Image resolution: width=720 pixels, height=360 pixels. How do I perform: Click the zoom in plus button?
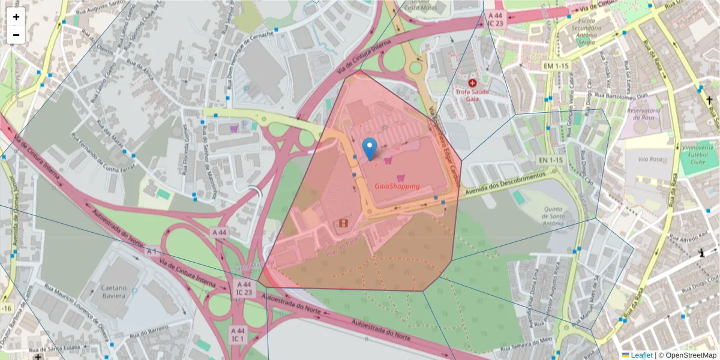tap(16, 17)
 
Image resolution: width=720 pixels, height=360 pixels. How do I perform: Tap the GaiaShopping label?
tap(397, 186)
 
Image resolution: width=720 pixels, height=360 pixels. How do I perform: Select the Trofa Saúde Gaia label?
tap(472, 95)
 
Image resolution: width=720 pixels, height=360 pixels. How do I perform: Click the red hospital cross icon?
tap(472, 82)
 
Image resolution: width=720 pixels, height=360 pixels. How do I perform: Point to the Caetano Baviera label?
tap(114, 292)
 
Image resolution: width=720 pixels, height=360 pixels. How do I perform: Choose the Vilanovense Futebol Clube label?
tap(697, 153)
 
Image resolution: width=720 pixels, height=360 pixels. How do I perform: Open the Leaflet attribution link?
tap(641, 355)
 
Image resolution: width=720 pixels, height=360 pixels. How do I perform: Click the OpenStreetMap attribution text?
tap(688, 355)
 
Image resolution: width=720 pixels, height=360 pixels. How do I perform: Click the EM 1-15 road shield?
tap(556, 65)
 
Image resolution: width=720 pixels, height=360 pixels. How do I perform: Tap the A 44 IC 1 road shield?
tap(238, 334)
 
